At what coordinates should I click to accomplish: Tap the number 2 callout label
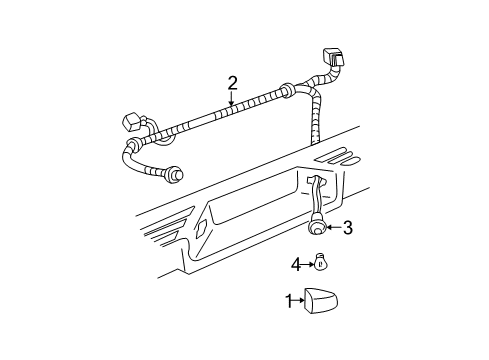(x=232, y=83)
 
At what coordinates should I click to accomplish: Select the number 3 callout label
(x=347, y=228)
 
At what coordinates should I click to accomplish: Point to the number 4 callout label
(x=296, y=264)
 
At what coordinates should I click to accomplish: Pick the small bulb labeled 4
(x=319, y=264)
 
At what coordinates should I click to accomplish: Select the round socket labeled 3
(x=317, y=228)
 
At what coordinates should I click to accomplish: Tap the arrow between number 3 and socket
(x=333, y=228)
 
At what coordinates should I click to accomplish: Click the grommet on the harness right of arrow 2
(x=287, y=92)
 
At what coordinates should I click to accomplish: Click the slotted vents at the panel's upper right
(x=339, y=157)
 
